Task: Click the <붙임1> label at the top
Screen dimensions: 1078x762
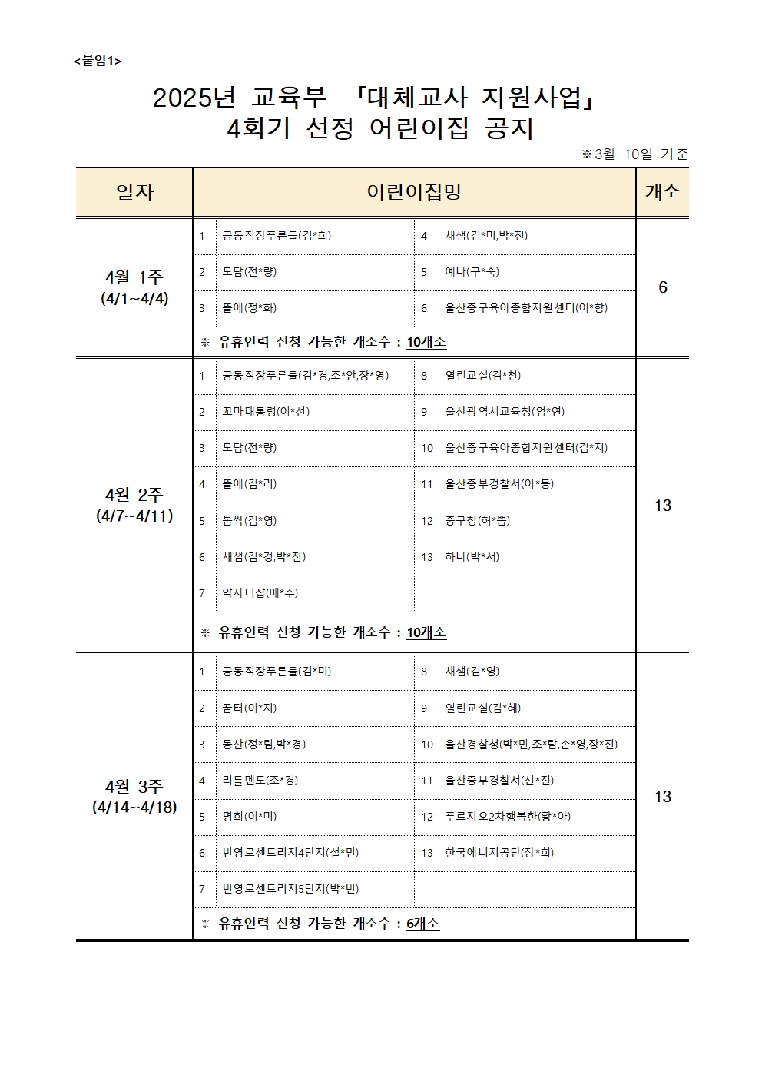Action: click(x=98, y=61)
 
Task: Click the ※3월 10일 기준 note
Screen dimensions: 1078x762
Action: click(x=634, y=154)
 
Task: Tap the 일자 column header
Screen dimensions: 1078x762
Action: click(x=134, y=192)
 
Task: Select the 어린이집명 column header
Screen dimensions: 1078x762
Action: click(x=414, y=192)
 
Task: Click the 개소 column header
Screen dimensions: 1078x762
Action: click(x=662, y=192)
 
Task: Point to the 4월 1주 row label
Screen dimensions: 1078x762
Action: click(x=134, y=287)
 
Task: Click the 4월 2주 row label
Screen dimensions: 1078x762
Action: click(x=134, y=505)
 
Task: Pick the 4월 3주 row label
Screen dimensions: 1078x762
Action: click(x=134, y=796)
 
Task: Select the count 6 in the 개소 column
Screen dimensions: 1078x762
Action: click(x=663, y=287)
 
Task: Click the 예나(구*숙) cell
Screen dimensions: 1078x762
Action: click(x=472, y=272)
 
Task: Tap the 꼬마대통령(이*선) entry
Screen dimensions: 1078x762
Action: click(x=266, y=412)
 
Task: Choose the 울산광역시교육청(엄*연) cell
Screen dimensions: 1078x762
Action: click(x=505, y=412)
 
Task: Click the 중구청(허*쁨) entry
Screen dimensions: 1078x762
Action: click(x=477, y=521)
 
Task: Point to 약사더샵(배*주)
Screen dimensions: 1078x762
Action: click(x=260, y=593)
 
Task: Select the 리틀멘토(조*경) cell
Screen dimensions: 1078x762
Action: click(x=260, y=781)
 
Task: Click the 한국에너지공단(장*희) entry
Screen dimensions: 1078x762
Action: click(x=499, y=853)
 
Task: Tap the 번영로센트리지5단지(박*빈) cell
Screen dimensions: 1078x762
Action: click(x=290, y=889)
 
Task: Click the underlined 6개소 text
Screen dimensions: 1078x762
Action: click(x=422, y=924)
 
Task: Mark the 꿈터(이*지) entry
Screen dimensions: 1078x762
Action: click(x=249, y=708)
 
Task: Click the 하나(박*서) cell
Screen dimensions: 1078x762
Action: click(x=472, y=557)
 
